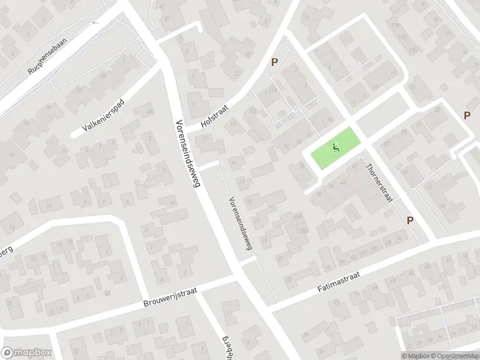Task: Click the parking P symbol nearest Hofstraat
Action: [275, 62]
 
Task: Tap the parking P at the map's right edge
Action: [467, 115]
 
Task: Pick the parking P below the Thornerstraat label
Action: [410, 220]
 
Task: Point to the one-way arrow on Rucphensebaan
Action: [95, 23]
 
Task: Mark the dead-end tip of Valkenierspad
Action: [74, 134]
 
